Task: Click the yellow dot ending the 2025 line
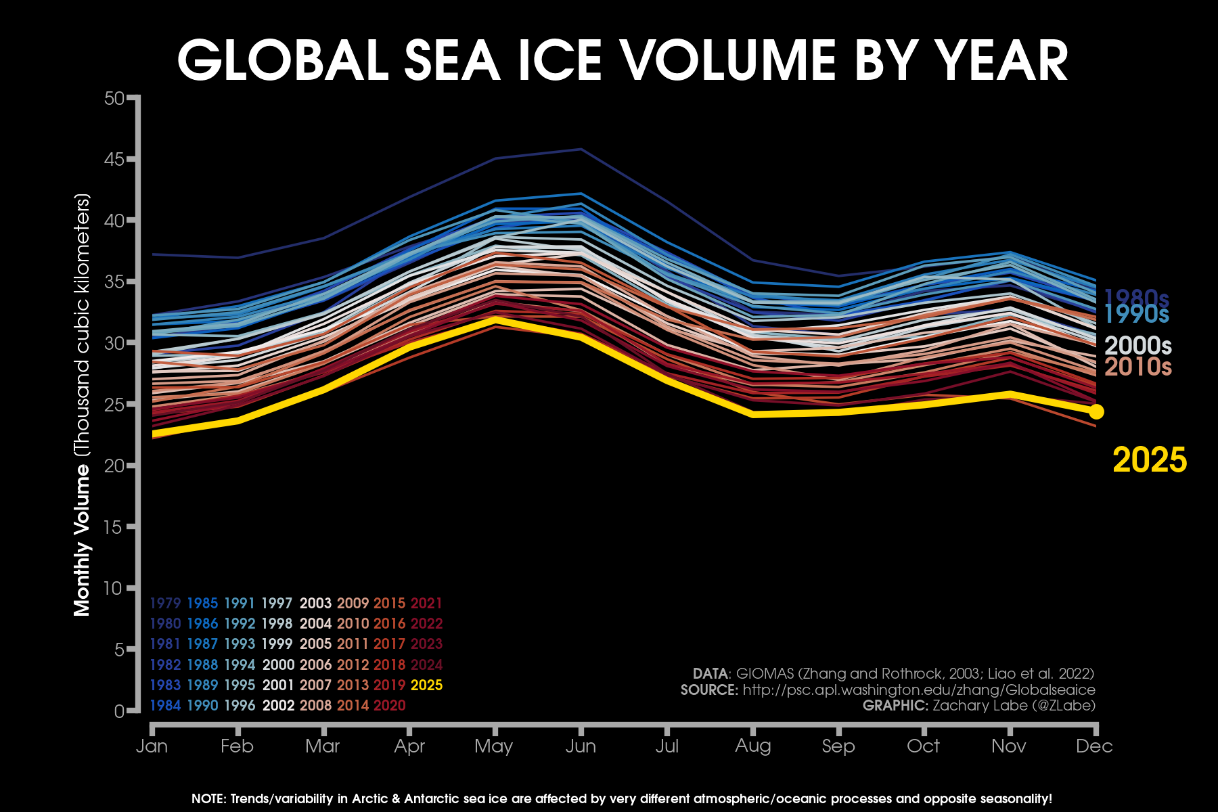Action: coord(1096,411)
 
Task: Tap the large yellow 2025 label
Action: coord(1149,460)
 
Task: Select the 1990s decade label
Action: coord(1136,314)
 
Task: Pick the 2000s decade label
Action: coord(1137,346)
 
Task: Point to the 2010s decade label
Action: coord(1137,367)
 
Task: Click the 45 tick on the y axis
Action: coord(114,160)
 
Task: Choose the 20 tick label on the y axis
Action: coord(114,466)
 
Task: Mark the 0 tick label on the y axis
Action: coord(119,711)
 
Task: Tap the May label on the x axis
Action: coord(493,746)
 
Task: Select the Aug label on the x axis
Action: coord(752,746)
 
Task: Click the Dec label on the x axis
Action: coord(1094,746)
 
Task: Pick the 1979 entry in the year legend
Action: coord(165,603)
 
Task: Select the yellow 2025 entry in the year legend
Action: coord(426,685)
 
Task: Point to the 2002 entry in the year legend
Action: coord(278,705)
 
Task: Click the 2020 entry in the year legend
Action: coord(389,705)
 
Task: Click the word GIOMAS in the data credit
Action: coord(764,674)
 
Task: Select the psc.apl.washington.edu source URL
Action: coord(919,690)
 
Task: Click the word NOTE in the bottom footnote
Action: coord(208,799)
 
